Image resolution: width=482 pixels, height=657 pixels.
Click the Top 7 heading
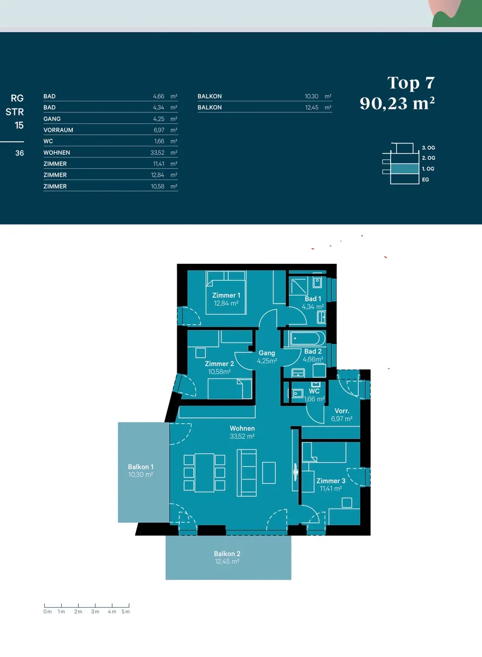pos(411,83)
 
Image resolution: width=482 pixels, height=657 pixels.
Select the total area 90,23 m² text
pos(397,103)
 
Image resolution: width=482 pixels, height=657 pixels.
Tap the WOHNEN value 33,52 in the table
pos(158,153)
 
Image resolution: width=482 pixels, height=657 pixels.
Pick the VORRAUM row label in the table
pos(59,130)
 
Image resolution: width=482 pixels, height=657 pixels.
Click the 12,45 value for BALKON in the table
pos(312,107)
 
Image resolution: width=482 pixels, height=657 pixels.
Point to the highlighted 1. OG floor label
pos(428,169)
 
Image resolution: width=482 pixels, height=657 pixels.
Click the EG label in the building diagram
pos(425,180)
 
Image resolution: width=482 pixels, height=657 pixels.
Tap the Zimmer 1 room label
pos(226,295)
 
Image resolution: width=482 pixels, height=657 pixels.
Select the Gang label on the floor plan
pos(266,353)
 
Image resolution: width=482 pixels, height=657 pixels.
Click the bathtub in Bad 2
pos(307,339)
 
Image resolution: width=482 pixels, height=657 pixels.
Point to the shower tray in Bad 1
pos(299,286)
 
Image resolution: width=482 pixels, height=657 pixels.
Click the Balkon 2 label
pos(227,554)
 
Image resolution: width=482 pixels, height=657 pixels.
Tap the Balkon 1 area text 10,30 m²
pos(141,475)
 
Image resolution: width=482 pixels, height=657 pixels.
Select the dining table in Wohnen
pos(204,472)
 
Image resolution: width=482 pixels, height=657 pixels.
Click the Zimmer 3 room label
pos(331,481)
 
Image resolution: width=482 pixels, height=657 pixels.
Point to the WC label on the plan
pos(314,391)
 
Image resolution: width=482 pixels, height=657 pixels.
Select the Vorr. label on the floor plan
pos(341,411)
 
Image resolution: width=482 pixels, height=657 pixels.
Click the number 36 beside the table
pos(20,153)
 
